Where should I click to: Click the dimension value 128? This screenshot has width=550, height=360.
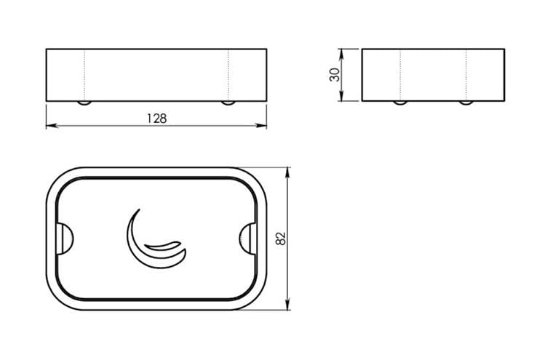pyautogui.click(x=157, y=119)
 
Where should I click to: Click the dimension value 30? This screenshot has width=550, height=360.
pyautogui.click(x=335, y=75)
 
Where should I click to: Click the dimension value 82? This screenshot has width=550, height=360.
pyautogui.click(x=281, y=239)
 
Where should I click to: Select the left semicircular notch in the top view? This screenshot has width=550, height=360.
pyautogui.click(x=65, y=239)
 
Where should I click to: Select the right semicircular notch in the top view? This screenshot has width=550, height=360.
pyautogui.click(x=247, y=239)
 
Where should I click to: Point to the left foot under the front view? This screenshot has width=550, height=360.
pyautogui.click(x=84, y=103)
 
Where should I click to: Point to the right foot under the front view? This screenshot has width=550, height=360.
pyautogui.click(x=228, y=103)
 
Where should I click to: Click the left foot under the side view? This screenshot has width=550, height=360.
pyautogui.click(x=400, y=103)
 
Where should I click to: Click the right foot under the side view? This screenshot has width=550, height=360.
pyautogui.click(x=466, y=103)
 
